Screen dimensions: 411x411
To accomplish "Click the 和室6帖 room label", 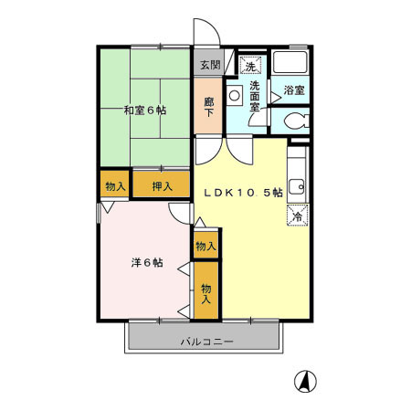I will pos(145,111).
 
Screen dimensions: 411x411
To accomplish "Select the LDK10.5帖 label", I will pos(242,192).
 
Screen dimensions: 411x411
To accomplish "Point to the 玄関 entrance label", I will pos(209,65).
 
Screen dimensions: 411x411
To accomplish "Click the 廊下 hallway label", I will pos(208,106).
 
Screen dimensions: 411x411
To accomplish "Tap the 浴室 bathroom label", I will pos(294,90).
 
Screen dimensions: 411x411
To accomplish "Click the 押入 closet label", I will pos(162,185).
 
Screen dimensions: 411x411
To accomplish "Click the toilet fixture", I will pos(294,121).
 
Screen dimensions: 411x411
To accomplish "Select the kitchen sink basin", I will pos(297,187).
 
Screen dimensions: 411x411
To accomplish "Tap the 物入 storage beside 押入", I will pos(116,185).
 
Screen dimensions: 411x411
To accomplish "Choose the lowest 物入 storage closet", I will pos(206,292).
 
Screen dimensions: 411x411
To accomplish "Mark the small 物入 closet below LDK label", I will pos(205,245).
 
